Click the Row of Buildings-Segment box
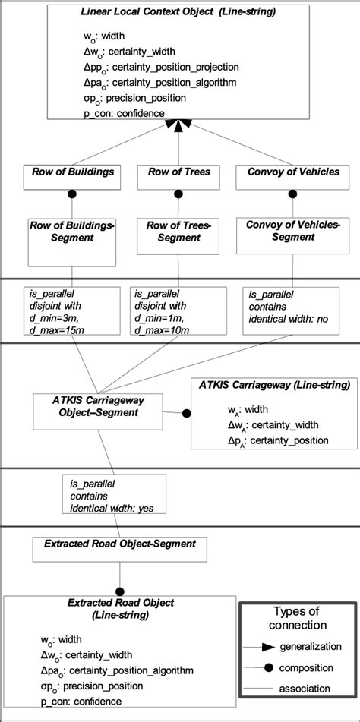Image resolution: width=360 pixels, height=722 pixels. (73, 232)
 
